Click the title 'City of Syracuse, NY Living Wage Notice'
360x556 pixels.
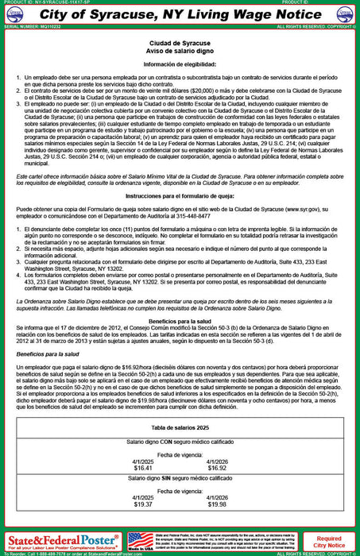click(x=180, y=14)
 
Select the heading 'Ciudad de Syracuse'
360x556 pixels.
click(x=180, y=39)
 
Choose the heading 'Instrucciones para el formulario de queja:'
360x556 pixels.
click(x=180, y=194)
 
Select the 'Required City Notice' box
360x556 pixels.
click(x=329, y=542)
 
